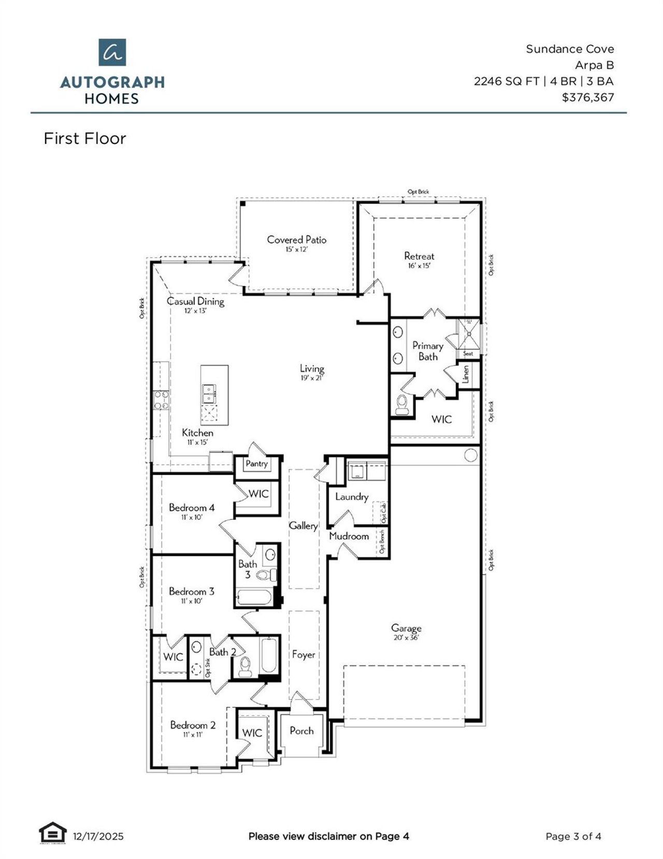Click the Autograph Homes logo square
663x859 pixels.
click(112, 52)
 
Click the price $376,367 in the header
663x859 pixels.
click(587, 97)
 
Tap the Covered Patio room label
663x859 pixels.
click(296, 240)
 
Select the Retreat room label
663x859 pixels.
click(419, 256)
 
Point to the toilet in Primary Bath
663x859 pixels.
click(402, 405)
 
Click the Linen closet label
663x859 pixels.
click(466, 374)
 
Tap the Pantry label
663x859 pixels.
click(256, 464)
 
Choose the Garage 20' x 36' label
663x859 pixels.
click(406, 632)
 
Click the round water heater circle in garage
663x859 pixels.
click(470, 455)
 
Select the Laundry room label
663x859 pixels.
click(352, 496)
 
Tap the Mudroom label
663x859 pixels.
click(349, 536)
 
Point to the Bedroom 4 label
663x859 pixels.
click(191, 508)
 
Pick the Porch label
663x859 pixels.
click(301, 731)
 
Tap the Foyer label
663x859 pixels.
click(304, 654)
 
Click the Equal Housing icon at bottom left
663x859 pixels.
click(53, 834)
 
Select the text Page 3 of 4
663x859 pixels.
click(573, 836)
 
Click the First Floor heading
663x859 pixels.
click(85, 138)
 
